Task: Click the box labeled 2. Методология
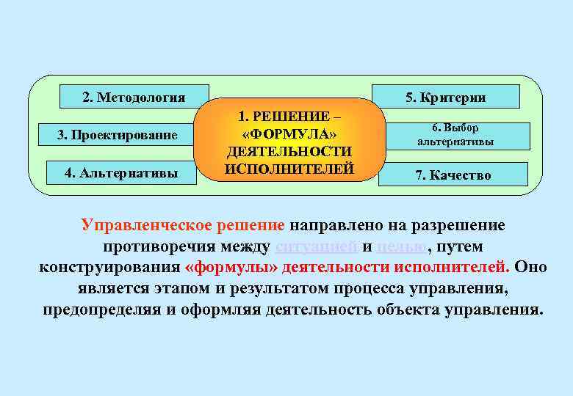(x=134, y=97)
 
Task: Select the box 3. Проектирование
(x=118, y=135)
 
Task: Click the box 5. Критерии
(x=446, y=97)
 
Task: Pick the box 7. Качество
(x=453, y=175)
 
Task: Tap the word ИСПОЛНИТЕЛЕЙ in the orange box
(x=289, y=169)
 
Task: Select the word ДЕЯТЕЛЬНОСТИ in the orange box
(x=289, y=152)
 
